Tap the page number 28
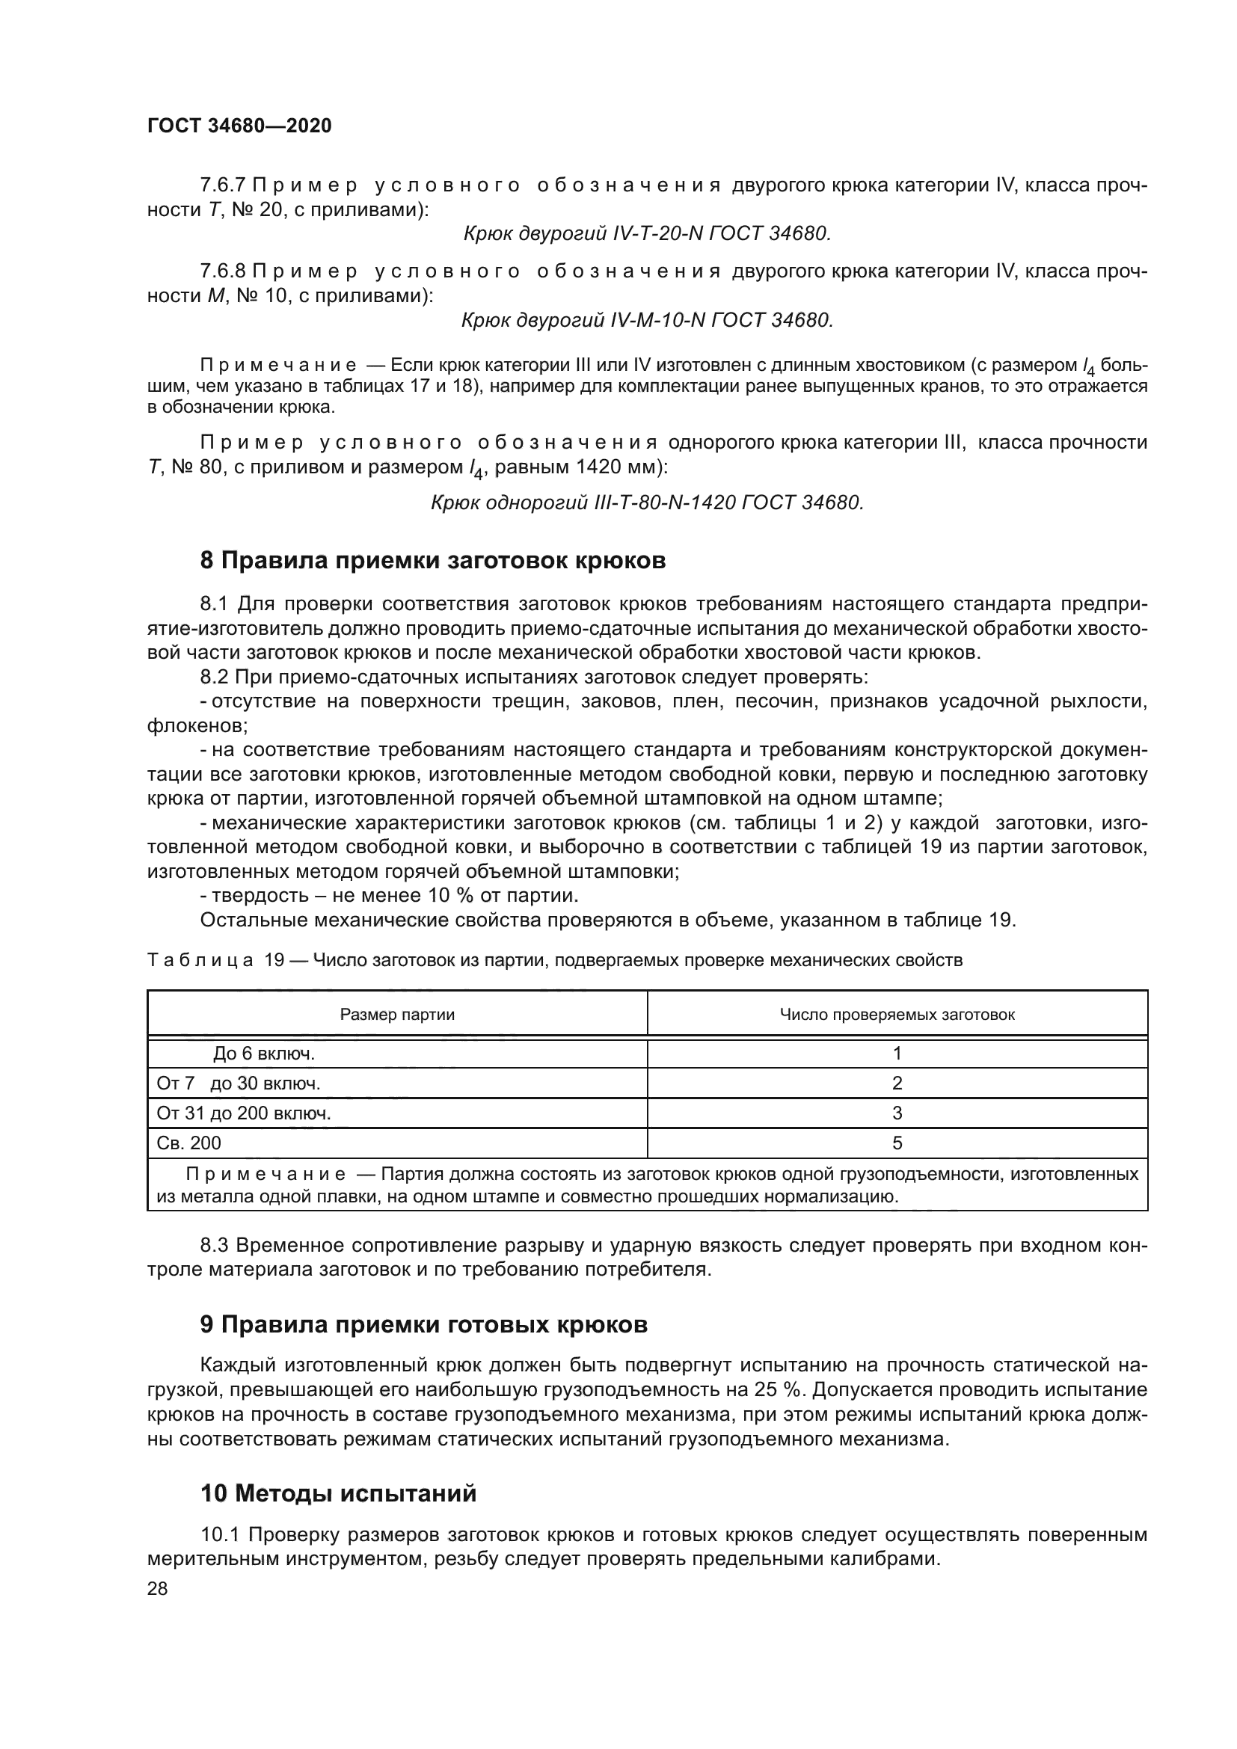click(157, 1588)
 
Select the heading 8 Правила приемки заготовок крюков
click(432, 561)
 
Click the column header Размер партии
click(397, 1014)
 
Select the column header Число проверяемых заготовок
click(897, 1014)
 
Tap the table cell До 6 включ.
click(263, 1054)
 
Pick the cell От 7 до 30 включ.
click(238, 1083)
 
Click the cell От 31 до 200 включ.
click(243, 1113)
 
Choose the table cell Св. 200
click(189, 1143)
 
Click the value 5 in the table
click(897, 1143)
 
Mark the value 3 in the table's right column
click(897, 1113)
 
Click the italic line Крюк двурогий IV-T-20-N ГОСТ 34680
click(647, 234)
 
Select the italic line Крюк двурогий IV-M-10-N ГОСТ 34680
click(647, 320)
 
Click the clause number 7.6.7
click(224, 185)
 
